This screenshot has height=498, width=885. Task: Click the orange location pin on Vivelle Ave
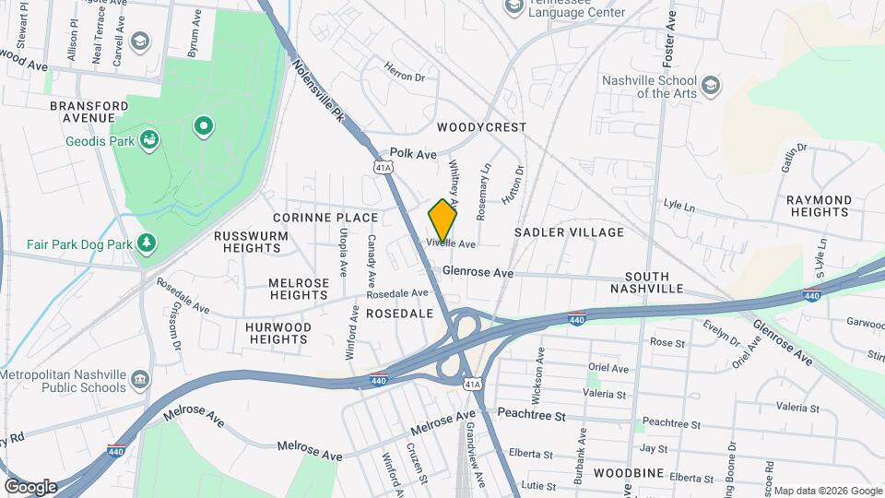coord(442,220)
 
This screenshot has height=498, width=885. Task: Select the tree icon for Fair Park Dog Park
coord(146,243)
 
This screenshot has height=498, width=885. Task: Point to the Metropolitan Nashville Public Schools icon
coord(139,380)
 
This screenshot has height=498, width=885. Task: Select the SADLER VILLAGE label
coord(569,232)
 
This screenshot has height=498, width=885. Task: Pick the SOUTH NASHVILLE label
coord(653,282)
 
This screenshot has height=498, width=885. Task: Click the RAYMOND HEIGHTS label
coord(819,206)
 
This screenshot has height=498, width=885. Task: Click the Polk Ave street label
coord(413,154)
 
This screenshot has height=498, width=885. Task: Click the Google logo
coord(29,486)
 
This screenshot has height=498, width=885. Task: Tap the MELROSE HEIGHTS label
coord(298,289)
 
